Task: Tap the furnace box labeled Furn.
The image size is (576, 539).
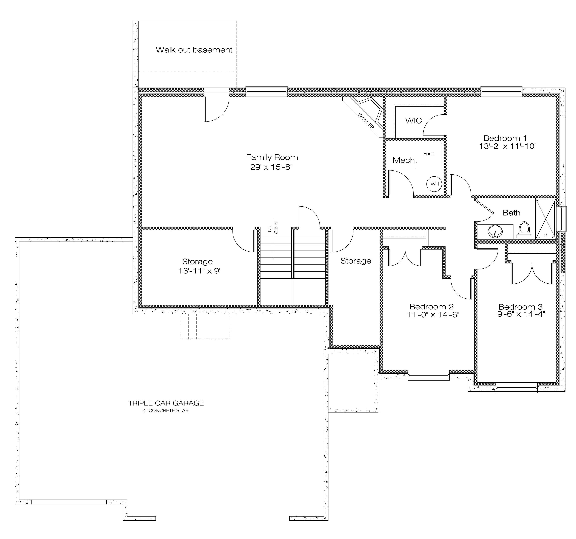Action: [428, 155]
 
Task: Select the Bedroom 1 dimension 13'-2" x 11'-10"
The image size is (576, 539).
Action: [508, 146]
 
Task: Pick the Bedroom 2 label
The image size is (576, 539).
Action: [431, 306]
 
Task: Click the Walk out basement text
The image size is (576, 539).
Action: [194, 50]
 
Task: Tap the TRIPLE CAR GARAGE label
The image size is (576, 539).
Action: [166, 403]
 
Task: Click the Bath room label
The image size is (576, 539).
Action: [511, 213]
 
